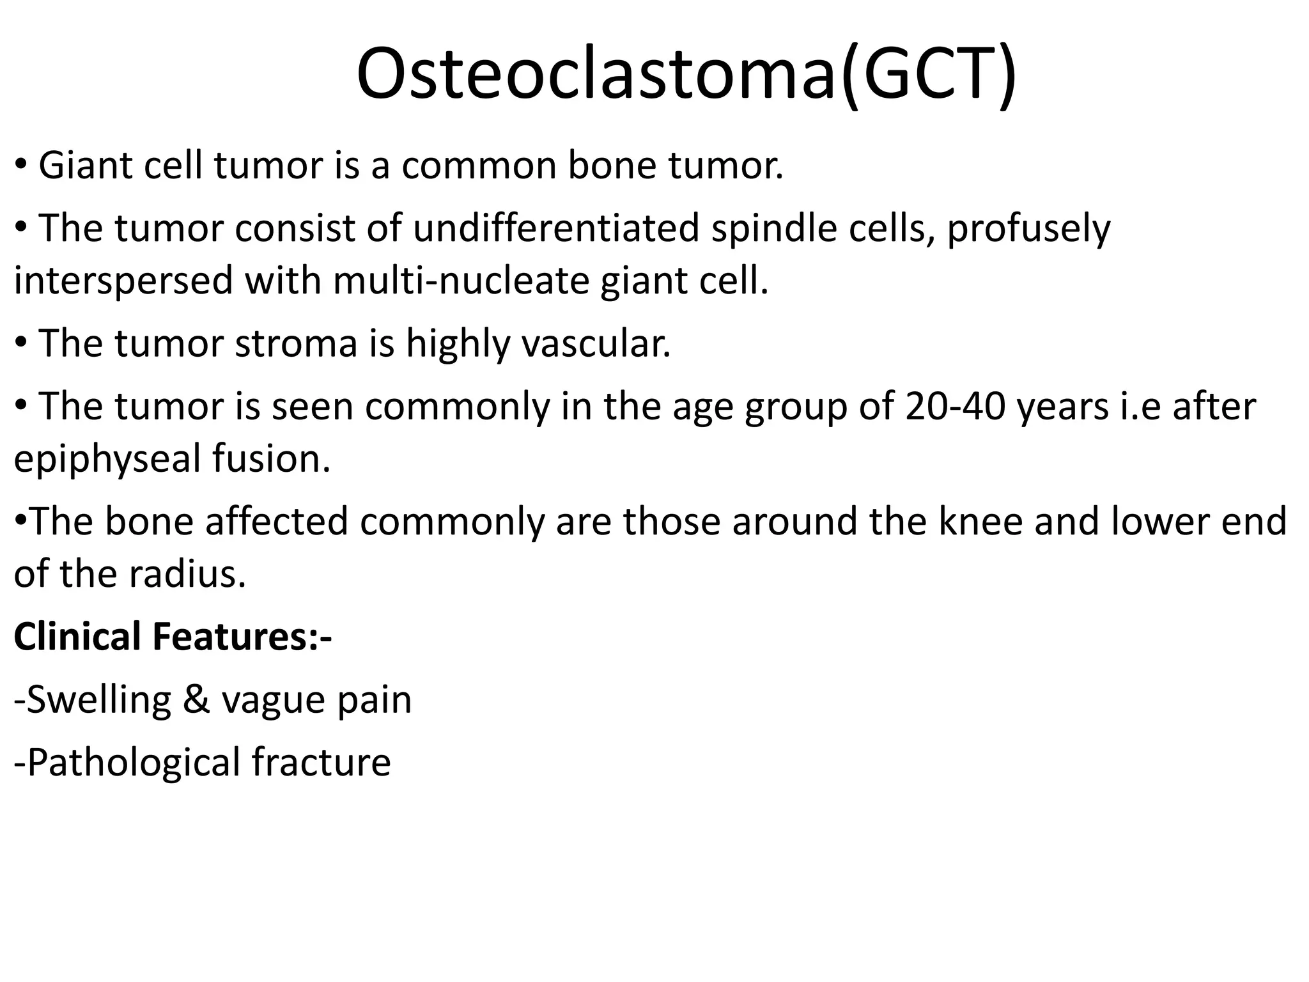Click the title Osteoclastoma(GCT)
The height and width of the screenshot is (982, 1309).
[685, 74]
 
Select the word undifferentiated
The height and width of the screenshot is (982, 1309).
[556, 228]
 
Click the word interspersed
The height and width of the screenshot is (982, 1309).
[123, 281]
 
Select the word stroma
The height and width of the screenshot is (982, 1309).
[296, 343]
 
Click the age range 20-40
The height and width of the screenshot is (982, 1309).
[956, 407]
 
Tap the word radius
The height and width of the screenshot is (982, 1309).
[187, 573]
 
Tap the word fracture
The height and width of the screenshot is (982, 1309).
[321, 762]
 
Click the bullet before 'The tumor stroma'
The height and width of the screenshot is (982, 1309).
[21, 343]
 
